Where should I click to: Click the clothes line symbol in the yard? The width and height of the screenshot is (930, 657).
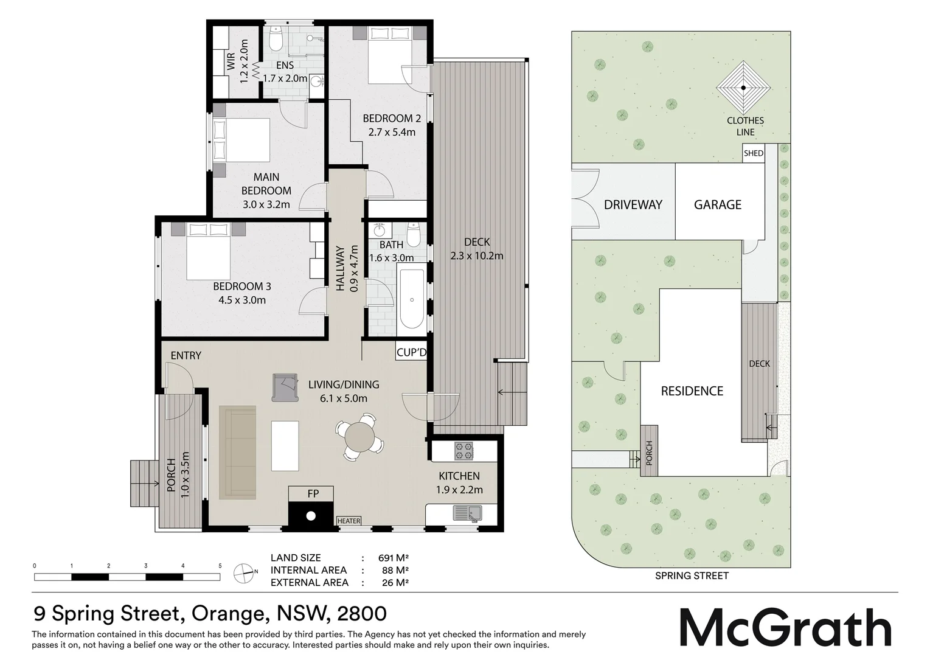click(743, 88)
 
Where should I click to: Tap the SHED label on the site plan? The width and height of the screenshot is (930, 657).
click(753, 153)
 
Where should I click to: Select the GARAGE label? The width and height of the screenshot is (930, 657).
click(718, 204)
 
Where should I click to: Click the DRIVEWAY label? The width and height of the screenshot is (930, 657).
click(633, 204)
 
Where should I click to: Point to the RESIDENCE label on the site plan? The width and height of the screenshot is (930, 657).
click(692, 391)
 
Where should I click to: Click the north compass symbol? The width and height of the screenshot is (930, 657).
click(244, 571)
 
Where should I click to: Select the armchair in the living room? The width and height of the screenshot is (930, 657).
click(285, 387)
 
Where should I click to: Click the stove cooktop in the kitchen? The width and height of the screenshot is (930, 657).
click(463, 451)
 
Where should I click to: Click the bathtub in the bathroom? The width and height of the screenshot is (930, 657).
click(412, 299)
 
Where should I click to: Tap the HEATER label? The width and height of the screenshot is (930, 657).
click(349, 521)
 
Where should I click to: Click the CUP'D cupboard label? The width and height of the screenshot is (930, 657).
click(412, 353)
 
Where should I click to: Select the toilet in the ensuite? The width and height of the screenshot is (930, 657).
click(276, 41)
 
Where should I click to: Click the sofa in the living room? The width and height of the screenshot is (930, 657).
click(238, 452)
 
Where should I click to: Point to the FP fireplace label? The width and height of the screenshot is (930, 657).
click(313, 493)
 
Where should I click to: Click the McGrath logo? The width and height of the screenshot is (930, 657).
click(785, 627)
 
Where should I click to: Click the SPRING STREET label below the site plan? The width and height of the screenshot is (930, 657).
click(692, 575)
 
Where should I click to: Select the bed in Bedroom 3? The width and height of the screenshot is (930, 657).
click(209, 251)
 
